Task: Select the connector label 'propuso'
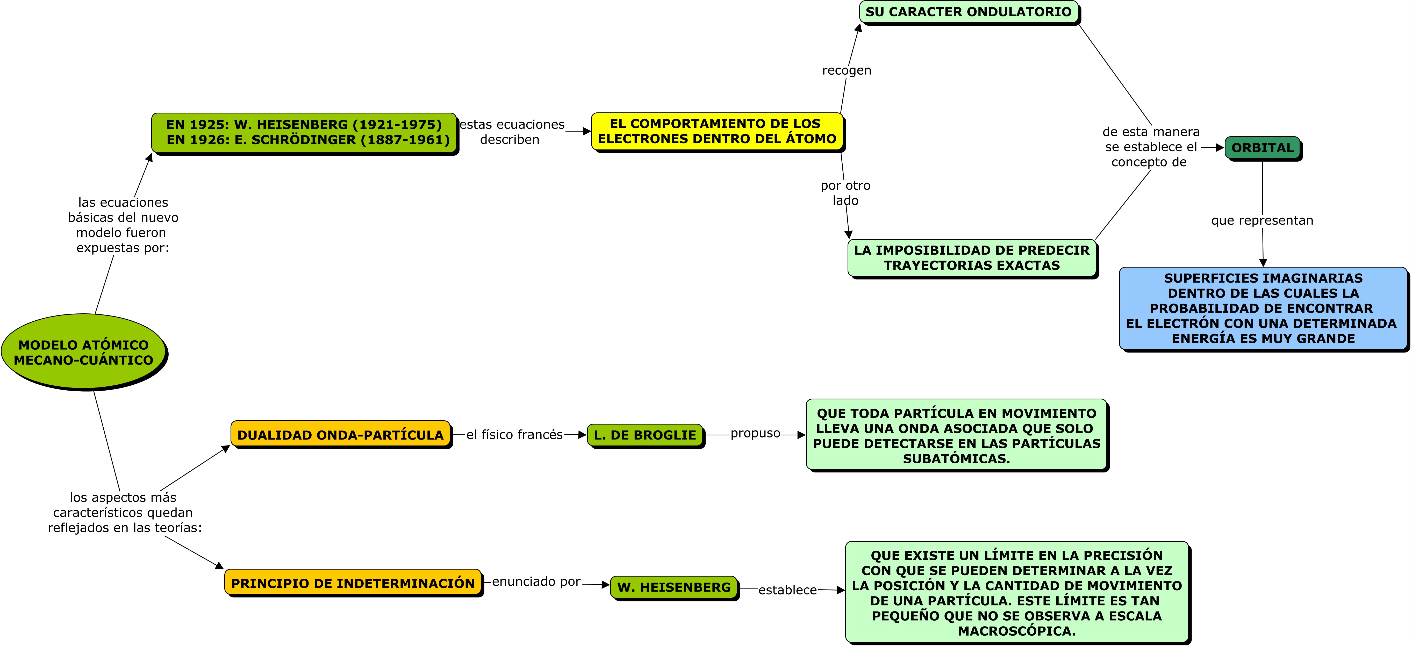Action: (755, 433)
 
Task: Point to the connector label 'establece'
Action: (787, 590)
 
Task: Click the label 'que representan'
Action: (1262, 220)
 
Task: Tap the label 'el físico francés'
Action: (514, 435)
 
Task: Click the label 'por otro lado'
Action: (845, 193)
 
